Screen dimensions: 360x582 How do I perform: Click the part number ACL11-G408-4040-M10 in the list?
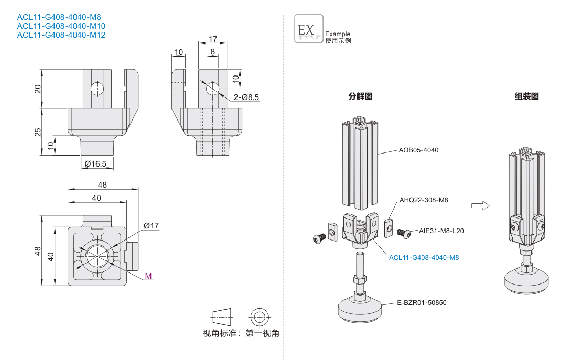tap(61, 26)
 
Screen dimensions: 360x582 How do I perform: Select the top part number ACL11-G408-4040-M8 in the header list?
tap(59, 17)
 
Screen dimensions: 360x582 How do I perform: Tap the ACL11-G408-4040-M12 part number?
tap(61, 35)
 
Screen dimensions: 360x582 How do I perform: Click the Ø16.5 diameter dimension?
tap(95, 164)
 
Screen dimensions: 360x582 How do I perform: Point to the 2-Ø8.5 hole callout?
tap(246, 97)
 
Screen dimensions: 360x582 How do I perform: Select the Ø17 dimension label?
tap(151, 226)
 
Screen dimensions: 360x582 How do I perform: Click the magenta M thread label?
tap(148, 276)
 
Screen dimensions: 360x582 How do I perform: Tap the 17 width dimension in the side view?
tap(212, 39)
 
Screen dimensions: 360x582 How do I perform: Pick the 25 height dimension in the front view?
tap(37, 132)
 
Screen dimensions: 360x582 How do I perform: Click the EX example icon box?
tap(308, 29)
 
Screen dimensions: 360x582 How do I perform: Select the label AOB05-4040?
tap(418, 150)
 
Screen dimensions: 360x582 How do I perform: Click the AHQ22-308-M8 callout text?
tap(424, 200)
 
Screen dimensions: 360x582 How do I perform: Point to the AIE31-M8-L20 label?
tap(441, 231)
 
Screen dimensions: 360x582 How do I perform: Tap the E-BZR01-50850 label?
tap(422, 303)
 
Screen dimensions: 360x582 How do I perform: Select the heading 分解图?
tap(360, 96)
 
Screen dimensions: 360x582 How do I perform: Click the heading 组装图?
tap(526, 96)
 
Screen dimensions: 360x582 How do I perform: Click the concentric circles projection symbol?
tap(258, 317)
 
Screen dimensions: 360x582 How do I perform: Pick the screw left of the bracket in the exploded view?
tap(318, 238)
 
